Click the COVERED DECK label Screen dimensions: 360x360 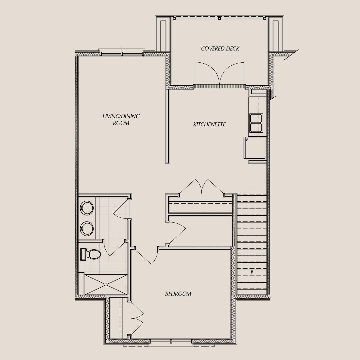point(220,49)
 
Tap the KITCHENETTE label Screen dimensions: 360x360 point(209,124)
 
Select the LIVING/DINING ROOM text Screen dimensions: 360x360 point(121,119)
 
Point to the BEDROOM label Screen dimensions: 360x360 point(178,294)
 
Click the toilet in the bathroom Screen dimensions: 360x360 point(90,255)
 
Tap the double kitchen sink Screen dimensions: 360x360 point(256,123)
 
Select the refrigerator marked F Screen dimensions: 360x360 point(255,148)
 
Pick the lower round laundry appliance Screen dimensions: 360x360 point(87,229)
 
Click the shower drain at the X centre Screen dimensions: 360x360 point(106,285)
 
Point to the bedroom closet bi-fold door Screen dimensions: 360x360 point(137,319)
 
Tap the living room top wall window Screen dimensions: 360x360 point(122,53)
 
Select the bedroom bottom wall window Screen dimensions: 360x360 point(171,341)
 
